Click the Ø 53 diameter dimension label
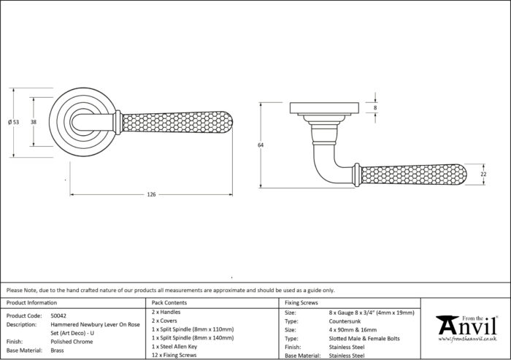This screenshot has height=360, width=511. point(13,122)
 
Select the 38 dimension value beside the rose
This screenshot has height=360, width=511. point(34,122)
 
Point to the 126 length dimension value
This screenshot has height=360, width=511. point(151,195)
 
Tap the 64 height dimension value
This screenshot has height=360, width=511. point(261,145)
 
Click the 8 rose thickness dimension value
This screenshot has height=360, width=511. point(375,107)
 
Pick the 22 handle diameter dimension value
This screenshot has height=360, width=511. point(483,174)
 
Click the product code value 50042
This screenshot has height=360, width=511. point(58,315)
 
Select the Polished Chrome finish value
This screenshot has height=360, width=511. point(72,342)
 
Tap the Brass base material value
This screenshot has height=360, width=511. point(57,351)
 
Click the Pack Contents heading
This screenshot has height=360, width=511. point(169,302)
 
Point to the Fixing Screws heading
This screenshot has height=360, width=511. point(301,302)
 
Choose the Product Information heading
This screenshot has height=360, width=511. point(31,302)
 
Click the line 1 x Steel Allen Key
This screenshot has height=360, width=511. point(174,347)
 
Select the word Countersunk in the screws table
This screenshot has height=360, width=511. point(345,321)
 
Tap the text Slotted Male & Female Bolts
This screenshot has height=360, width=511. point(364,339)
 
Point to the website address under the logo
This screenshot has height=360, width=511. point(467,339)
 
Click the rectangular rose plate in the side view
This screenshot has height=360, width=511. point(325,108)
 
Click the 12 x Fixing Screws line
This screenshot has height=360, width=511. point(174,355)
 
